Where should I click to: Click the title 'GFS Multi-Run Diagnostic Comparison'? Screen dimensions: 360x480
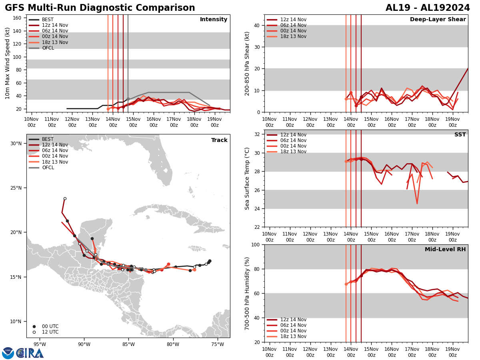(100, 8)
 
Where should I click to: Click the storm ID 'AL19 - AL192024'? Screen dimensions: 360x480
(428, 8)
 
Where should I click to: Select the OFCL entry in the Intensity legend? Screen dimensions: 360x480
(48, 48)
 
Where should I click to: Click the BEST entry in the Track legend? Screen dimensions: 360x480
(48, 139)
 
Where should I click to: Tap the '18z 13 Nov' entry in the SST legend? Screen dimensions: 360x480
(293, 152)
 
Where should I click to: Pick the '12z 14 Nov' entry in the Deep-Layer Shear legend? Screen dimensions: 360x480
(293, 20)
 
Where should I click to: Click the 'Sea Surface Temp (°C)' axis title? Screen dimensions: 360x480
(248, 178)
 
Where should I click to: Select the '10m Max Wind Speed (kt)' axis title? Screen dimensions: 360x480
(8, 64)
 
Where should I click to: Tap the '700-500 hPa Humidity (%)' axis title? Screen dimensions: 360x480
(248, 293)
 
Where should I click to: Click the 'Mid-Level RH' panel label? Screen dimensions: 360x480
(445, 250)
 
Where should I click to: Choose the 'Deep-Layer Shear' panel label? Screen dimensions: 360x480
(438, 20)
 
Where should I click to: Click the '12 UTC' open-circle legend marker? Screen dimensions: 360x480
(34, 332)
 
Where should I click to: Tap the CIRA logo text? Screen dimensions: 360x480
(30, 353)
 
